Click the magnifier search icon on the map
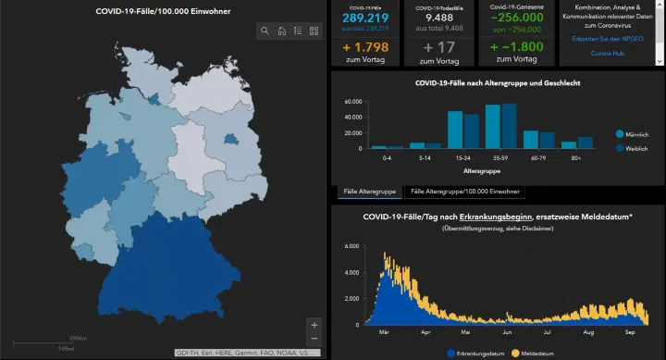tap(265, 31)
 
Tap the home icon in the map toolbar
tap(281, 31)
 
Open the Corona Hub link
tap(605, 53)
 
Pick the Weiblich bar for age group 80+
tap(586, 143)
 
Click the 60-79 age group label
tap(537, 158)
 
